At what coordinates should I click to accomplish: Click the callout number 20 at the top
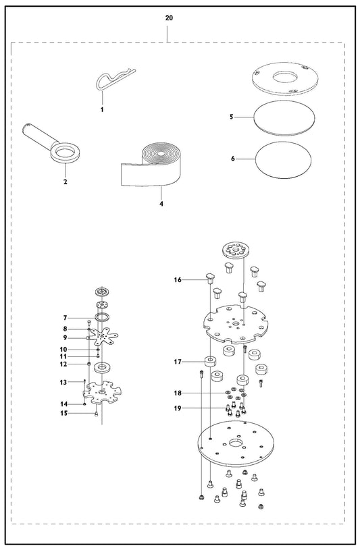(169, 18)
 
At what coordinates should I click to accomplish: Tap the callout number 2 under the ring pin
(65, 182)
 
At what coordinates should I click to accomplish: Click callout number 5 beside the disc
(232, 117)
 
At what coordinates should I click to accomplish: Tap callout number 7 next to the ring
(65, 319)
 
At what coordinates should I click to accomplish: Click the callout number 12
(63, 364)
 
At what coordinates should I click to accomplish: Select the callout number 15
(63, 413)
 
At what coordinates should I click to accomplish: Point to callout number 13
(63, 383)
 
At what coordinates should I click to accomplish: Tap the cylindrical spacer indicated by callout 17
(210, 362)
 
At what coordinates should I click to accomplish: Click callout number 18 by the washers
(178, 393)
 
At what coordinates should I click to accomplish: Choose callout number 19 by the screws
(178, 408)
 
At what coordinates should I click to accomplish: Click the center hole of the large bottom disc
(235, 443)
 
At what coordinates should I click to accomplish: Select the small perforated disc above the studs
(235, 250)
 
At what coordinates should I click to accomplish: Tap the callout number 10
(63, 350)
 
